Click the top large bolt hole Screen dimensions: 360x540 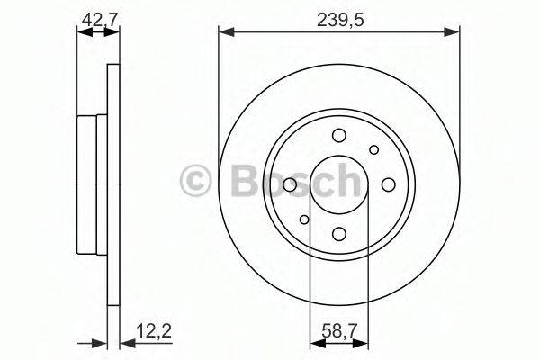point(339,136)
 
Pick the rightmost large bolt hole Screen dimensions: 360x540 point(389,184)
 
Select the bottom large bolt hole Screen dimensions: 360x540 point(339,234)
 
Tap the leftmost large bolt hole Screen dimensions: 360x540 point(290,185)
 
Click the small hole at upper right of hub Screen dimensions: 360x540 point(373,150)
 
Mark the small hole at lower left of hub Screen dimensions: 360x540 point(305,220)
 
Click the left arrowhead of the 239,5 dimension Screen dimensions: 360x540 point(224,31)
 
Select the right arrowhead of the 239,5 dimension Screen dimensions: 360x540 point(454,31)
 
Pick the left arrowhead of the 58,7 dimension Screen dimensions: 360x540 point(315,342)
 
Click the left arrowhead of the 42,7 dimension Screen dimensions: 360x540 point(82,31)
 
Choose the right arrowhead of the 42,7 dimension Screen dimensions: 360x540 point(114,31)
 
